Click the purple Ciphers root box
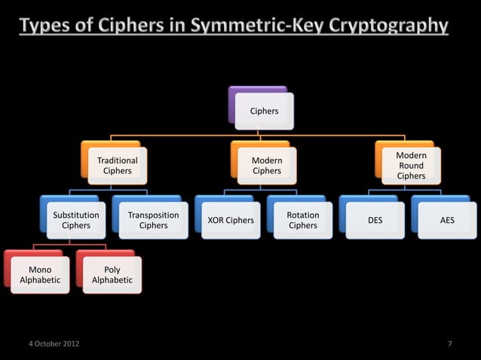coord(263,110)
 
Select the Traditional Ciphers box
coord(117,166)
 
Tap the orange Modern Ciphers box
coord(266,166)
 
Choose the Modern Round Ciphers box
coord(411,166)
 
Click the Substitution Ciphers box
coord(75,220)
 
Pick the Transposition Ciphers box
coord(153,220)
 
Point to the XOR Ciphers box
coord(230,221)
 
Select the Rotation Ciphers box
coord(302,220)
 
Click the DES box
coord(374,221)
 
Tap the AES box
coord(447,221)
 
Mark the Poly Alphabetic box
coord(112,275)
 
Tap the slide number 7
coord(449,344)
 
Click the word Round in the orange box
coord(411,166)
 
